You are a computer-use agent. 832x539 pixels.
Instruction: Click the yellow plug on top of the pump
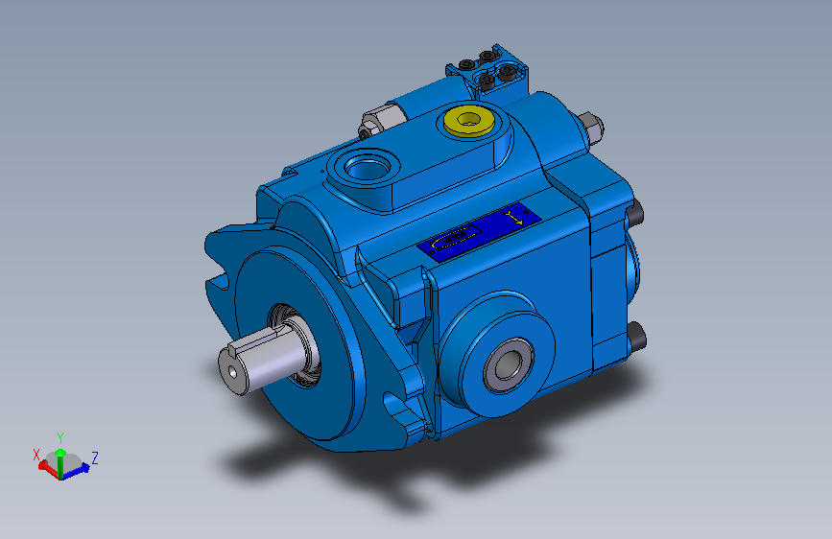468,122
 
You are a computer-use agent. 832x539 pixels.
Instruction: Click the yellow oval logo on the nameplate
458,239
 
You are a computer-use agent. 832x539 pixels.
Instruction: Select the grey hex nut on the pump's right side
590,128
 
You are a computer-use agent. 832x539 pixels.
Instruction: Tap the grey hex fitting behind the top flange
371,123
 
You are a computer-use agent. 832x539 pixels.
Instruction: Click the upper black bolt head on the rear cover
634,213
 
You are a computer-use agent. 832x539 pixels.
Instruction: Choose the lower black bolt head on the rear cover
636,336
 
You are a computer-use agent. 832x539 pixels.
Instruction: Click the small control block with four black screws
487,73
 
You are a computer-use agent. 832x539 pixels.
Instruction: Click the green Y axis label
60,436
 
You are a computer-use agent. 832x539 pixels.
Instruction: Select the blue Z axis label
95,457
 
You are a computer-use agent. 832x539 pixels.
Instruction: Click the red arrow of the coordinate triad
45,466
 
